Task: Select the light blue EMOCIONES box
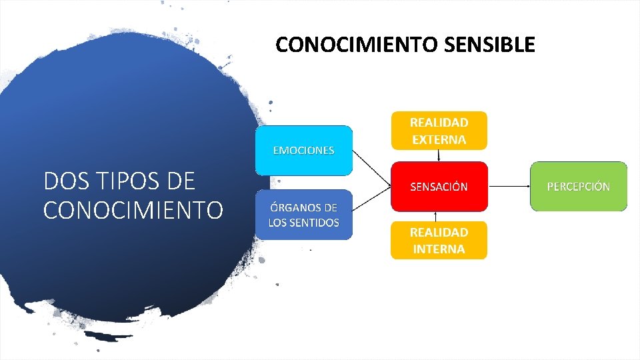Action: click(x=303, y=150)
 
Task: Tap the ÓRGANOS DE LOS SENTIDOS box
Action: click(x=303, y=215)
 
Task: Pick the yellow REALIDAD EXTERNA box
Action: click(x=439, y=131)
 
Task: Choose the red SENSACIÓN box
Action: click(x=439, y=187)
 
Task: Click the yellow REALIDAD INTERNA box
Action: click(x=439, y=241)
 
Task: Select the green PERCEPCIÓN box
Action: click(x=578, y=187)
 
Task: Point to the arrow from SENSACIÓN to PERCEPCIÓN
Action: click(x=508, y=187)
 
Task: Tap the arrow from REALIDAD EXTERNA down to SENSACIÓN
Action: click(x=439, y=155)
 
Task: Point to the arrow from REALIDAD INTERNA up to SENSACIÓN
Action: click(x=435, y=216)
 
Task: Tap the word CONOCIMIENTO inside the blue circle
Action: click(x=133, y=209)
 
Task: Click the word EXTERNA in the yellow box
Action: click(x=439, y=139)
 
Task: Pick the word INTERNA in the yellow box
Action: click(x=438, y=249)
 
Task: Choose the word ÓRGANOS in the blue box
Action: click(x=296, y=207)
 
